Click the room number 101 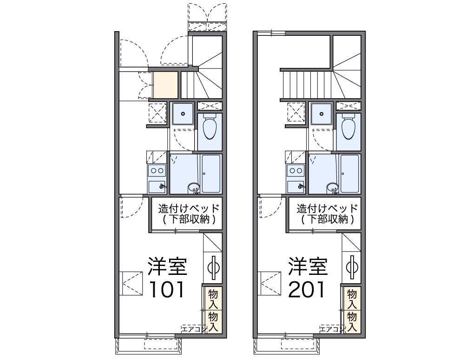167,289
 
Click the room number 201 307,289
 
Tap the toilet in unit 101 210,127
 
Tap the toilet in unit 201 348,127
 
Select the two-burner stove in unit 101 157,171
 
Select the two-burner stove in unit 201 296,171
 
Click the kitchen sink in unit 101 157,187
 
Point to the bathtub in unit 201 349,173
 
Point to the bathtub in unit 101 211,173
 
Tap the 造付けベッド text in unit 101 189,208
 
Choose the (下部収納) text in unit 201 327,219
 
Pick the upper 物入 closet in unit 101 213,298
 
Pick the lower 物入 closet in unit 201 352,321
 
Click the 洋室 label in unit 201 308,266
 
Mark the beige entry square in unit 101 165,85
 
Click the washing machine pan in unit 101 183,113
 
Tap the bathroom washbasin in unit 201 332,188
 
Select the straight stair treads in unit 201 306,85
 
